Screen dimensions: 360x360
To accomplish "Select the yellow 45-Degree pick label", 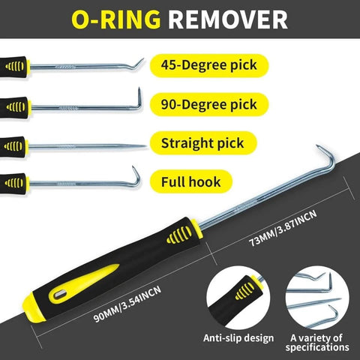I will pyautogui.click(x=203, y=64).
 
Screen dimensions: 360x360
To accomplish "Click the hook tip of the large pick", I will pyautogui.click(x=321, y=154).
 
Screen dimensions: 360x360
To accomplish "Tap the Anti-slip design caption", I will pyautogui.click(x=236, y=339).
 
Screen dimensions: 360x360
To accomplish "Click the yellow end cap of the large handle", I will pyautogui.click(x=39, y=300).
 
